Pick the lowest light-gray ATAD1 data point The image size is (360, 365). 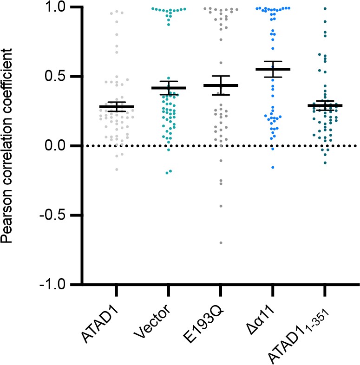pos(116,169)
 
